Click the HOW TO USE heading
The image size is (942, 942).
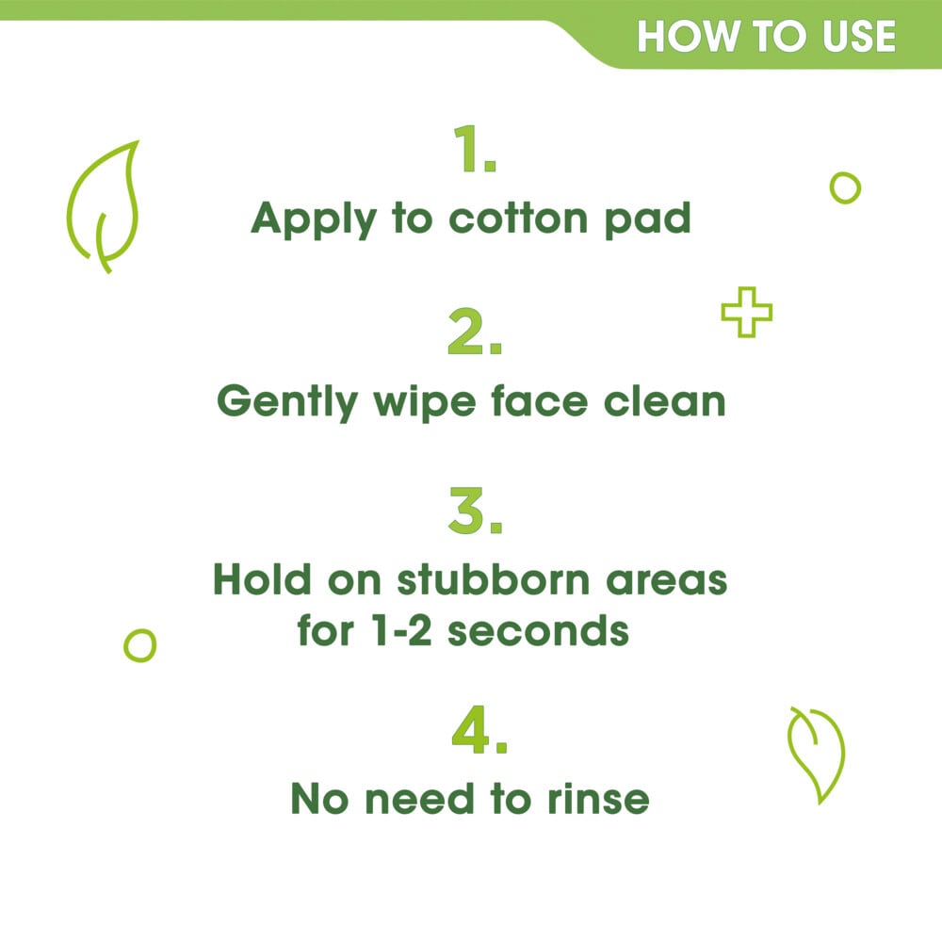tap(765, 37)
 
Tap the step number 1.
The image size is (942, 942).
tap(474, 151)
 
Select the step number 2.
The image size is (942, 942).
tap(474, 334)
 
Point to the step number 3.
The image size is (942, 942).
tap(474, 512)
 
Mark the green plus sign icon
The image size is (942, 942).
tap(746, 313)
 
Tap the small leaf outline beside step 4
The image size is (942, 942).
tap(817, 755)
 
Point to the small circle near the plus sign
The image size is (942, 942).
tap(845, 187)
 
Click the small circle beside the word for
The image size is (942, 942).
tap(139, 645)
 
